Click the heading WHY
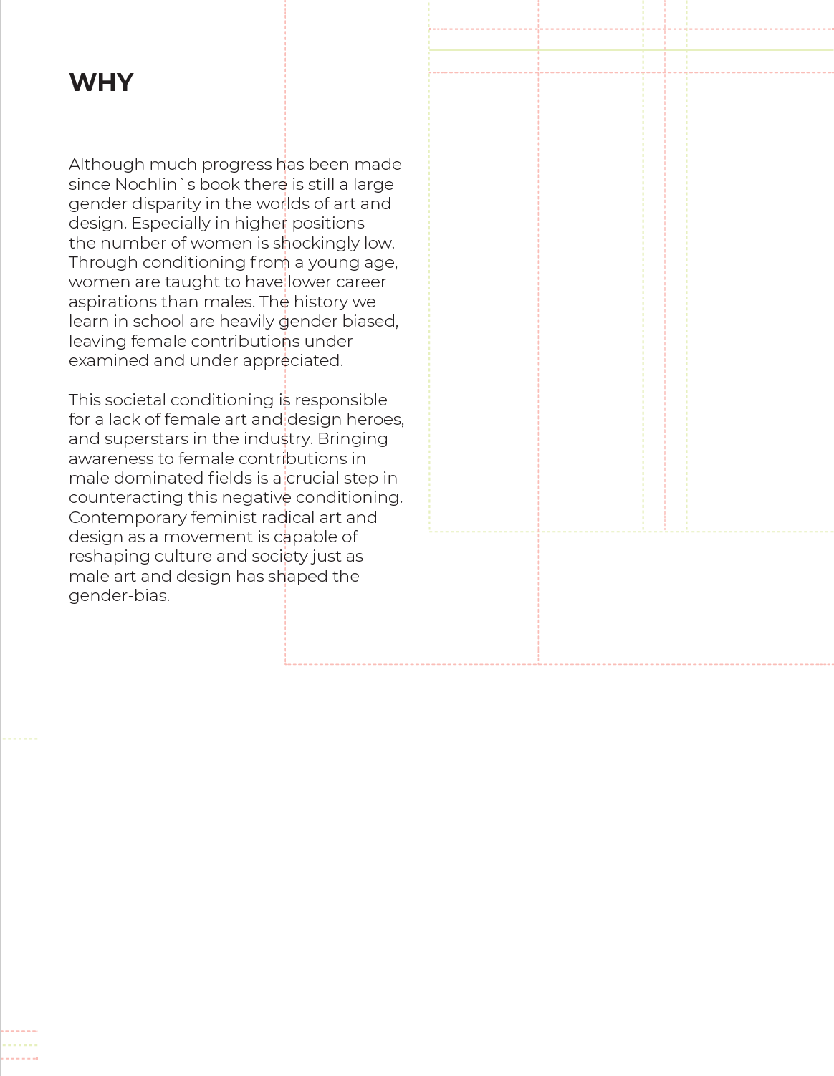[x=101, y=82]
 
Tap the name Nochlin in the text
[x=145, y=184]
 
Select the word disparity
[x=166, y=204]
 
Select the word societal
[x=135, y=400]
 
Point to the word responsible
[x=340, y=400]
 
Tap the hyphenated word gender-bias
[x=119, y=596]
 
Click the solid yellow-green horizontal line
[x=631, y=50]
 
